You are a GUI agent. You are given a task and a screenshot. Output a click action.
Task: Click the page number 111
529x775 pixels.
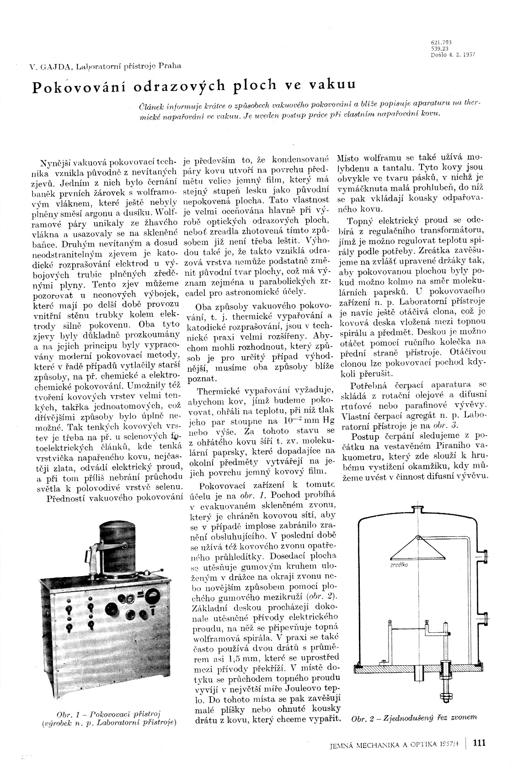(480, 743)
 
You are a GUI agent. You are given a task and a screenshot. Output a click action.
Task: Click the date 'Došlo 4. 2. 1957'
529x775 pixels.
(453, 55)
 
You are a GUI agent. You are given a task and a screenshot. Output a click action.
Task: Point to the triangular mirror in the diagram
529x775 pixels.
(418, 549)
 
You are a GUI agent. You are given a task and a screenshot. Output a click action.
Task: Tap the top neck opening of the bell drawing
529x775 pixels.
(418, 508)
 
